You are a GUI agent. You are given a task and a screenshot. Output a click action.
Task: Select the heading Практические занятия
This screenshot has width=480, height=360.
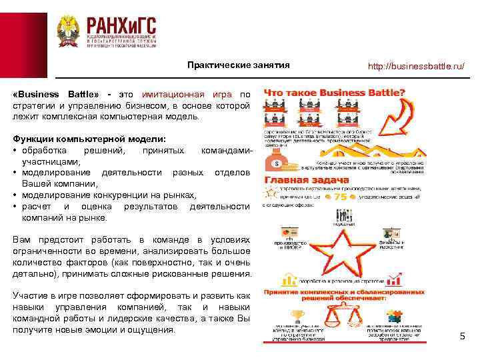tap(238, 65)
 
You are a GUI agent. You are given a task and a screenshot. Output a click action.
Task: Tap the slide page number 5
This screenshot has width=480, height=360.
tap(462, 336)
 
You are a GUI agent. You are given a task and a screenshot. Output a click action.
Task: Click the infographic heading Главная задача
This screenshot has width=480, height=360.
tap(307, 180)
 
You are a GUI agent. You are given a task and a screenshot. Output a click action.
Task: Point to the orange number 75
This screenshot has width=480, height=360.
tap(340, 198)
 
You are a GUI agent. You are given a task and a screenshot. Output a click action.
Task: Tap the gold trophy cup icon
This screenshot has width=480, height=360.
tap(298, 314)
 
